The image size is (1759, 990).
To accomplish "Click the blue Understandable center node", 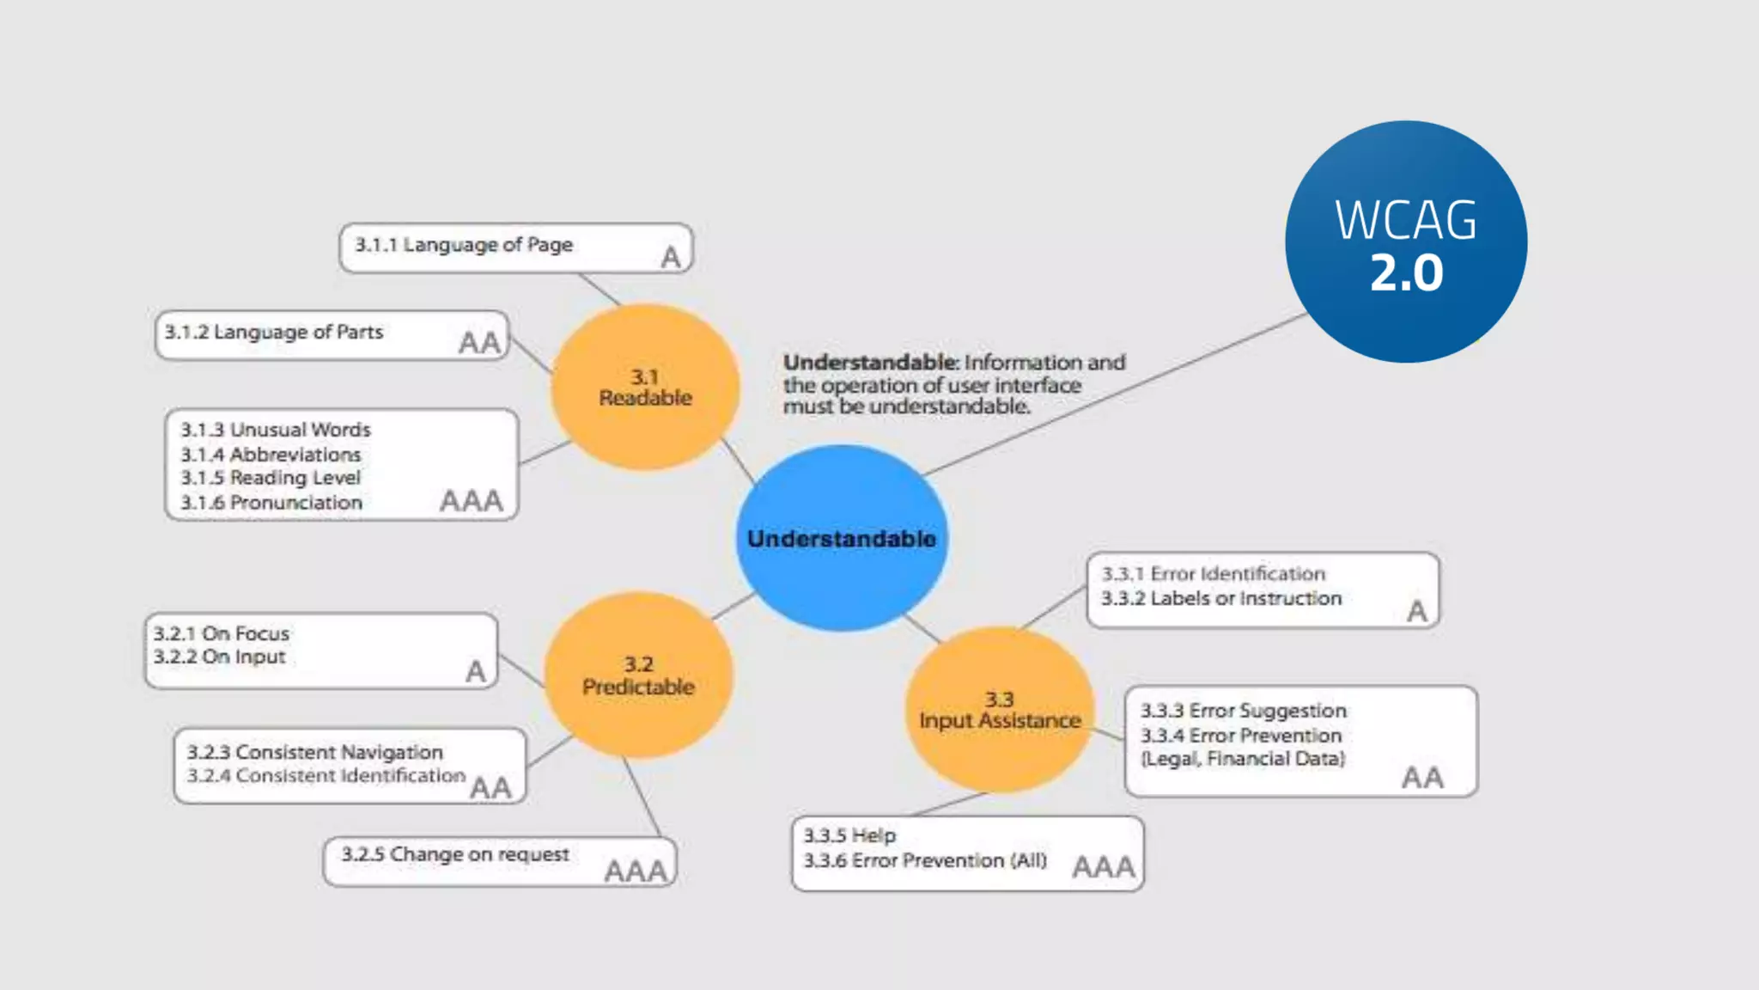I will pos(842,538).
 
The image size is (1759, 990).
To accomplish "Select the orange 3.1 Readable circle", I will pos(645,388).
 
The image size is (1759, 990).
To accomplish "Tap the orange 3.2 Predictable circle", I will pos(638,675).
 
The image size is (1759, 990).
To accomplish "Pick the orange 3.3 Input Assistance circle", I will pos(1000,711).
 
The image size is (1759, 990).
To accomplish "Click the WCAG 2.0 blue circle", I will pos(1406,241).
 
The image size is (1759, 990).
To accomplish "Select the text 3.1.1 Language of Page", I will pos(464,245).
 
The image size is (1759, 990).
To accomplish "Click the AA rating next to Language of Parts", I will pos(479,343).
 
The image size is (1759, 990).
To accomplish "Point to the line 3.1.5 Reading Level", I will pos(271,478).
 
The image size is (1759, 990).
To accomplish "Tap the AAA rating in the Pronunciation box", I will pos(471,500).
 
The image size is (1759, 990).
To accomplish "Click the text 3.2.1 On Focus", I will pos(222,633).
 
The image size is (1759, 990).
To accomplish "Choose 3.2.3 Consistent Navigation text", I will pos(315,752).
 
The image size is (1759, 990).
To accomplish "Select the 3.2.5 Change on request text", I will pos(455,854).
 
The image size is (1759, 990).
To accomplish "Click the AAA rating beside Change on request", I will pos(636,871).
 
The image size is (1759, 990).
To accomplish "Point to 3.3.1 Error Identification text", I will pos(1214,573).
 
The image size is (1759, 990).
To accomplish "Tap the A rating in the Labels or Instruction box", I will pos(1417,611).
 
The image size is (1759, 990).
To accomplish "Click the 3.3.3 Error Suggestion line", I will pos(1244,711).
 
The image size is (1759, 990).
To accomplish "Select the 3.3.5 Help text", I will pos(849,835).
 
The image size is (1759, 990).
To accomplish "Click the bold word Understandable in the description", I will pos(869,363).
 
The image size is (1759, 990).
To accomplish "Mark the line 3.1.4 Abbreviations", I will pos(271,454).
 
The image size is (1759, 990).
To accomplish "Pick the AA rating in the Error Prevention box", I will pos(1422,778).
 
